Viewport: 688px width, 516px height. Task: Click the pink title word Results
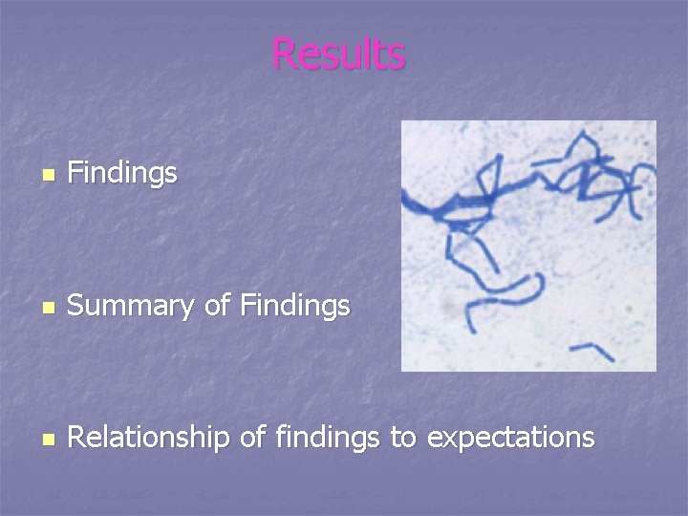(x=338, y=54)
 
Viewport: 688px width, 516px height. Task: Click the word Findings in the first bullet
(x=122, y=173)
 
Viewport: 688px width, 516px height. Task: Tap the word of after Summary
(x=219, y=306)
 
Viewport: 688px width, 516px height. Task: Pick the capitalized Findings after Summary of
(x=295, y=306)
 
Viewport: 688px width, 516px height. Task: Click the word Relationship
(x=149, y=438)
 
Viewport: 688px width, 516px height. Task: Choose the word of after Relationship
(x=252, y=438)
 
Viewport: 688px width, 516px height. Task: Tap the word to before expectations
(x=402, y=439)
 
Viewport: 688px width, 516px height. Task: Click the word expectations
(x=510, y=439)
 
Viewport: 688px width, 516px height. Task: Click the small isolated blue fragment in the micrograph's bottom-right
(x=598, y=350)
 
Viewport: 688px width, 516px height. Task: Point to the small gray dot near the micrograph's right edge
(x=628, y=311)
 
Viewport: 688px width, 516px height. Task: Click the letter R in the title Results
(x=283, y=54)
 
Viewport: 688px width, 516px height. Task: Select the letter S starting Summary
(x=77, y=306)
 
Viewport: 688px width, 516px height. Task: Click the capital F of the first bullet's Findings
(x=76, y=173)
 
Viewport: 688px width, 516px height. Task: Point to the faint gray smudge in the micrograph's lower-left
(x=445, y=310)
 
